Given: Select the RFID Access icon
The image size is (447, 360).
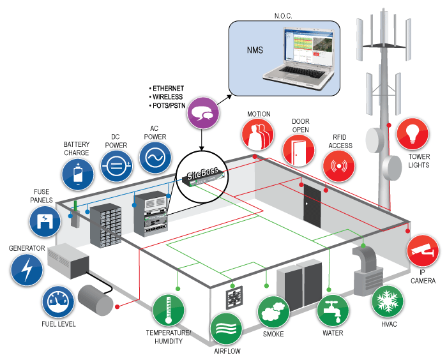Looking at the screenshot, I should pos(338,166).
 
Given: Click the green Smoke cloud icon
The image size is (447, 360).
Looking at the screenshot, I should pos(273,312).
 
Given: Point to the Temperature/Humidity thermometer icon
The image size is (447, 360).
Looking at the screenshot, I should pos(169,310).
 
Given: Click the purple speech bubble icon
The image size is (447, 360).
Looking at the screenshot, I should pos(204,112).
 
